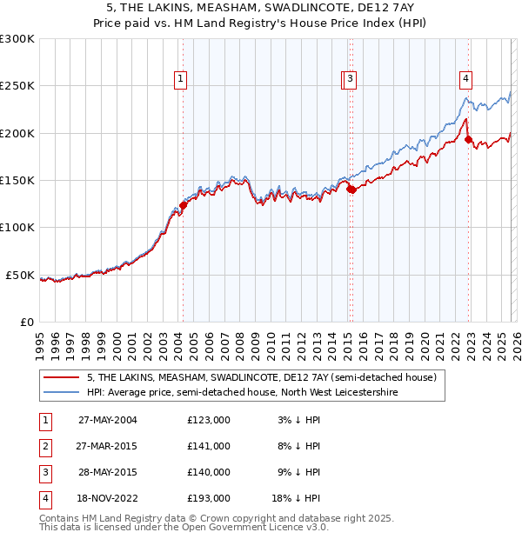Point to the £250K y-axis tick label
click(17, 86)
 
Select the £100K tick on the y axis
click(17, 227)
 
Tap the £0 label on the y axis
click(27, 322)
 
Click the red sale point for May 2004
click(183, 205)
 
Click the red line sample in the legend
click(60, 377)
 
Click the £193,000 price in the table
click(208, 498)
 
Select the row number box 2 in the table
click(43, 446)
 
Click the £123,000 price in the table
click(208, 420)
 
